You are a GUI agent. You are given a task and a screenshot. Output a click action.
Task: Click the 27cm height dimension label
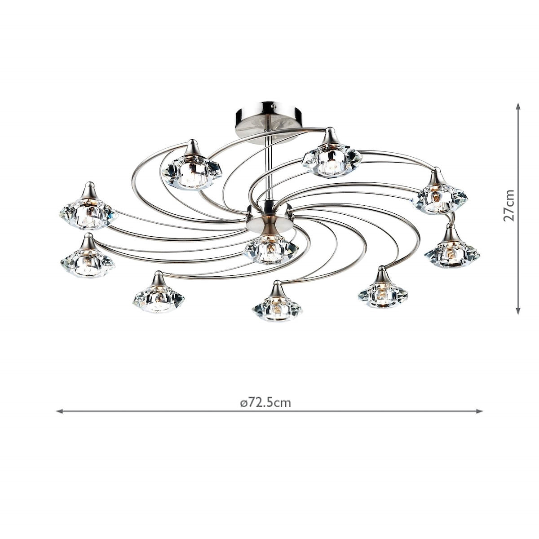[509, 205]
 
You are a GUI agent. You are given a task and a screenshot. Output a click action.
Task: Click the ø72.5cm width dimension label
[265, 402]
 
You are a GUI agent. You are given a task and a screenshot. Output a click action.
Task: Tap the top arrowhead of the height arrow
[518, 106]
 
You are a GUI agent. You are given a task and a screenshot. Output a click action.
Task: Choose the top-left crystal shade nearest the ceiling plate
[192, 171]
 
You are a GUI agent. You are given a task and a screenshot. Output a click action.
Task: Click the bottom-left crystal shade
[158, 298]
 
